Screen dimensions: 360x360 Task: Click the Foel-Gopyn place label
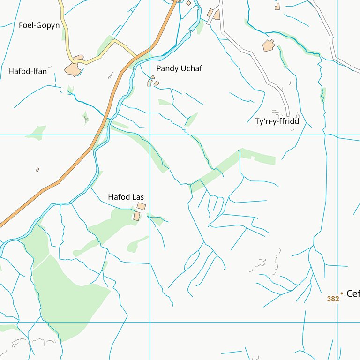point(39,25)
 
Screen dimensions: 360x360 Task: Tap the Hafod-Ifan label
point(28,71)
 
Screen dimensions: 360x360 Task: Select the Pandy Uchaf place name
point(179,68)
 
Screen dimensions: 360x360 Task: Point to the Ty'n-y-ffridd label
point(277,121)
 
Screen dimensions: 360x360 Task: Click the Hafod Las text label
point(126,197)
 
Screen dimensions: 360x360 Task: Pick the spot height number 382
point(333,299)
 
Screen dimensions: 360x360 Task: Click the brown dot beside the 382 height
point(342,294)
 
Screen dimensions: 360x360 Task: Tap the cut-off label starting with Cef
point(352,294)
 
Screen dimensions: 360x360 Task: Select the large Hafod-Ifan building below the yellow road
point(73,69)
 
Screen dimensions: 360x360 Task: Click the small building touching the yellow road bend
point(78,58)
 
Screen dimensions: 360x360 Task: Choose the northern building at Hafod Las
point(141,206)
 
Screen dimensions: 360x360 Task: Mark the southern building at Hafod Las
point(137,216)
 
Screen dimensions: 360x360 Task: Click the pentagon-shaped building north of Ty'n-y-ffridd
point(269,46)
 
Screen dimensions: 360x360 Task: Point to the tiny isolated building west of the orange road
point(37,170)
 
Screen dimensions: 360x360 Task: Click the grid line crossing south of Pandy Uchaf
point(150,135)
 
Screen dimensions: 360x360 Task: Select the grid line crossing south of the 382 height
point(337,322)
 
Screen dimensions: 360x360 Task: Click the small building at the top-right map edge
point(277,6)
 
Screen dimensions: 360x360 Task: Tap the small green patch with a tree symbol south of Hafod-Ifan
point(86,118)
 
